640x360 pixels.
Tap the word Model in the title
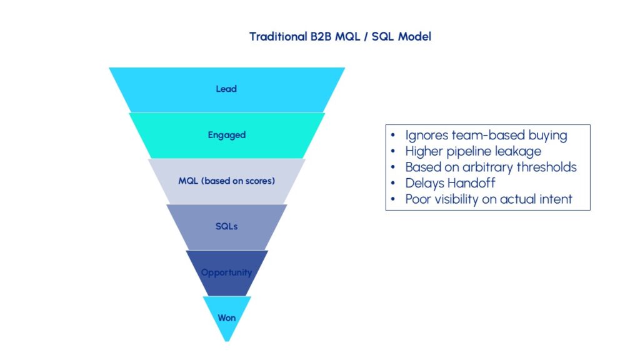[415, 36]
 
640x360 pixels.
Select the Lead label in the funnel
[226, 89]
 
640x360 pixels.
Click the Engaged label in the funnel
[226, 134]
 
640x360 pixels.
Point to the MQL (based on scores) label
[226, 181]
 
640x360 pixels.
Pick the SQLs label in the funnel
[226, 226]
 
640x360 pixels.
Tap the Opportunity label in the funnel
[226, 272]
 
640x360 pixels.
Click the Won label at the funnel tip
[226, 317]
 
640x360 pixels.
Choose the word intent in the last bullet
[556, 200]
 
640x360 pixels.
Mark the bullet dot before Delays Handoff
[392, 184]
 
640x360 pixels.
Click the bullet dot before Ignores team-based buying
[392, 135]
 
